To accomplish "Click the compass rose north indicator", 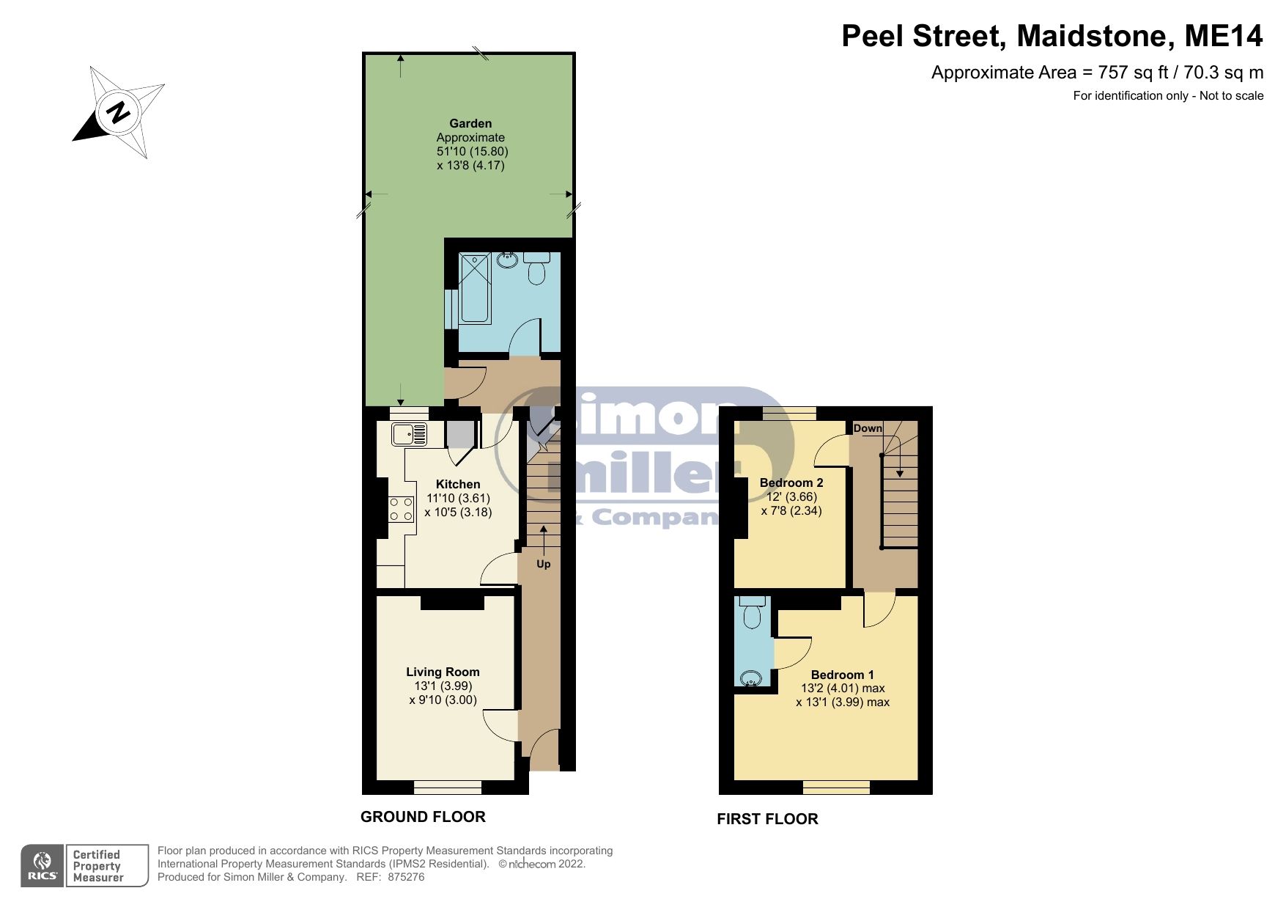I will (x=118, y=112).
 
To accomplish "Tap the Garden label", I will (x=470, y=123).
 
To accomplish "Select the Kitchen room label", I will (x=458, y=484).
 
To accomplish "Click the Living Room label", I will (x=443, y=672).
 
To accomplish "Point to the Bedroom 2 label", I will (x=791, y=482).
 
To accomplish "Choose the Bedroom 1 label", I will (x=842, y=675).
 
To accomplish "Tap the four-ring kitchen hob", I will (x=401, y=509).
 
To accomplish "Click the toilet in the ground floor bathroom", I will (x=537, y=269).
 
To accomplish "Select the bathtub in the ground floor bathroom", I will (x=475, y=288).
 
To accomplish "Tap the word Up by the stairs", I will (x=543, y=564).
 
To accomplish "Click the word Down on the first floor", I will (x=868, y=428).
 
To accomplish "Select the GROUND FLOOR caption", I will (x=423, y=817).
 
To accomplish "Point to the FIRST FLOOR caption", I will (x=767, y=819).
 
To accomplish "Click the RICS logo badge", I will (x=43, y=866).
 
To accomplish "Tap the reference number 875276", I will (x=406, y=877).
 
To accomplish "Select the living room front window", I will (x=448, y=788).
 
